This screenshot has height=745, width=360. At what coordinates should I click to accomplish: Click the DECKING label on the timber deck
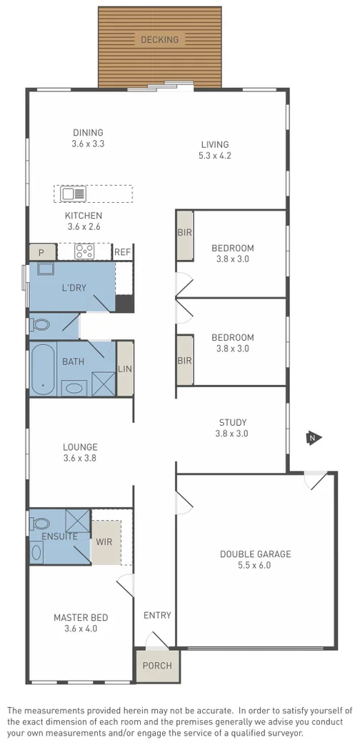(x=159, y=39)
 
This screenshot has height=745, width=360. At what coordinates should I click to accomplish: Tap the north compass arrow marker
(x=311, y=438)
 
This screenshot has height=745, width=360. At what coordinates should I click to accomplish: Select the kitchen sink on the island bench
(x=73, y=194)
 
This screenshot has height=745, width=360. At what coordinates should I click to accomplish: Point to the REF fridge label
(x=122, y=252)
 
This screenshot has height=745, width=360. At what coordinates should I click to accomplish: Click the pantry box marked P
(x=41, y=252)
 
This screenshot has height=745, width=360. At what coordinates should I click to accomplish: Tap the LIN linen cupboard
(x=125, y=369)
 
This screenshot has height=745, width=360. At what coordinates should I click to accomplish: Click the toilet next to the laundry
(x=41, y=325)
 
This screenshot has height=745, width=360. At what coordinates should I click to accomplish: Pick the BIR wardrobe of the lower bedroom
(x=184, y=361)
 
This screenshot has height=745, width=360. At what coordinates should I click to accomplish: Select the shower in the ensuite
(x=76, y=519)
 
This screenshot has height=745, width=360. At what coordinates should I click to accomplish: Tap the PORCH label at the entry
(x=157, y=666)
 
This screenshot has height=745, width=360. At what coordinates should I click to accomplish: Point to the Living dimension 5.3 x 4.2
(x=215, y=156)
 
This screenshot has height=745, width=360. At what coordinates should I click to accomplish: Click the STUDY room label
(x=232, y=421)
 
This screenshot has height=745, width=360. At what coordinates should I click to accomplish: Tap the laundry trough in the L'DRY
(x=46, y=269)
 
